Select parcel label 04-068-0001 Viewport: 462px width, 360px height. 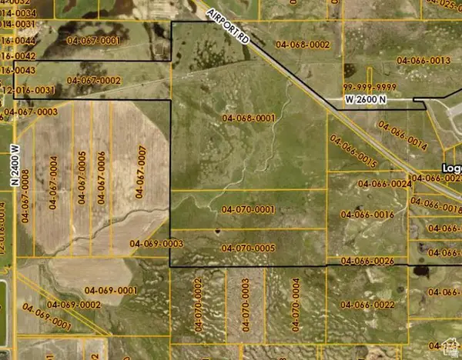point(249,118)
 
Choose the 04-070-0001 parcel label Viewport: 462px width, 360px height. point(248,209)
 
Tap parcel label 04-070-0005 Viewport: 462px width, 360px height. point(248,248)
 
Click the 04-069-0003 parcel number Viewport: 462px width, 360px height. point(156,244)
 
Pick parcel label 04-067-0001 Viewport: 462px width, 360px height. point(94,40)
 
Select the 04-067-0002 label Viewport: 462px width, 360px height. point(94,80)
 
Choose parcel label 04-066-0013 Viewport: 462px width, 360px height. point(423,61)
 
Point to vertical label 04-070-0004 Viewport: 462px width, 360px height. point(296,305)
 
